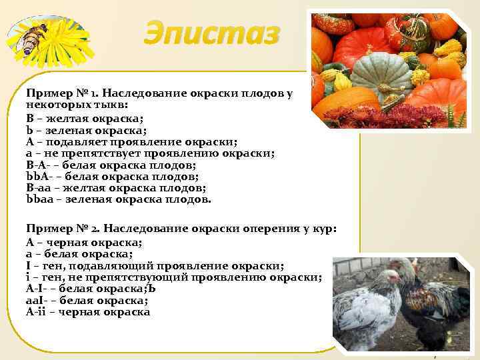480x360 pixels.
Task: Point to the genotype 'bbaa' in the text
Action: [x=39, y=199]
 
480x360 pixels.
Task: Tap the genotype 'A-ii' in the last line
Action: [x=39, y=311]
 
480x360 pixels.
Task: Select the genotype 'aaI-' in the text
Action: [x=39, y=300]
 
